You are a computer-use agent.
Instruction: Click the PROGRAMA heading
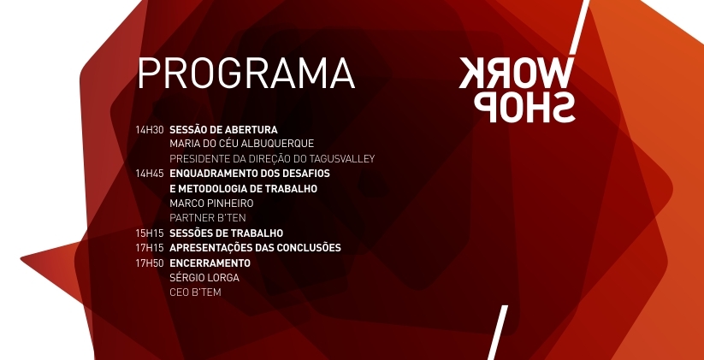pos(246,74)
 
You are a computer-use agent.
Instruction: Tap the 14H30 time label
pos(150,130)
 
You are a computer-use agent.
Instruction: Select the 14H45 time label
pos(150,174)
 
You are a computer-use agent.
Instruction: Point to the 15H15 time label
pos(150,233)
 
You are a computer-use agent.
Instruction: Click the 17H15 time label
pos(150,248)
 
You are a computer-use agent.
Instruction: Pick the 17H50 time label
pos(150,263)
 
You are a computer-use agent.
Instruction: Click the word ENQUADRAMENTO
pos(211,174)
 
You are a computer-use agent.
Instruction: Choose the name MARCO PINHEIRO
pos(211,204)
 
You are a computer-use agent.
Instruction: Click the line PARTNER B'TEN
pos(208,218)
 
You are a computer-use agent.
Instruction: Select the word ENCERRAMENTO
pos(210,263)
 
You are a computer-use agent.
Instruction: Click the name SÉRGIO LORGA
pos(204,278)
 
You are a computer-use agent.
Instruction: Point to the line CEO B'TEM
pos(195,292)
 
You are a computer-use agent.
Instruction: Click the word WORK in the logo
pos(516,73)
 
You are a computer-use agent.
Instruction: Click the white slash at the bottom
pos(498,333)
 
